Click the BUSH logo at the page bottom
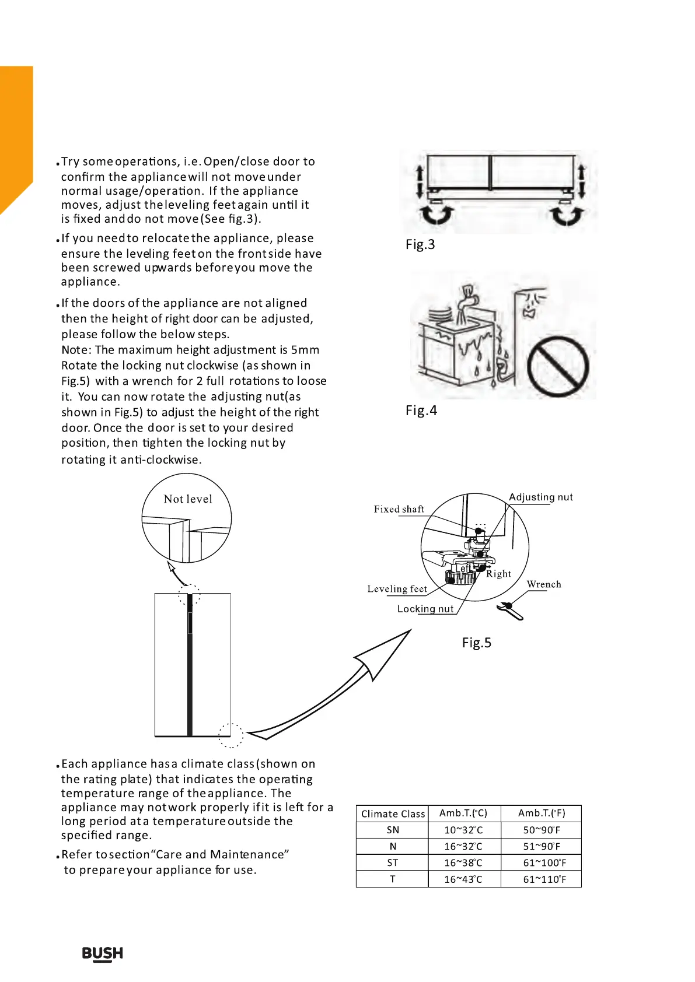click(103, 953)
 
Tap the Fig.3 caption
click(420, 244)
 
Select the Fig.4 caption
click(421, 411)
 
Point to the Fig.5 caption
click(477, 643)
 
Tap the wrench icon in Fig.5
click(510, 611)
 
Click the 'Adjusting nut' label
click(541, 497)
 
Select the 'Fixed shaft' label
click(399, 509)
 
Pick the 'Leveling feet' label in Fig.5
click(397, 589)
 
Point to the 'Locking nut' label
click(425, 609)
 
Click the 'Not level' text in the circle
click(188, 499)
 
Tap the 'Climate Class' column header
click(393, 813)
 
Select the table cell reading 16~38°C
click(463, 862)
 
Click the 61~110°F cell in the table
click(544, 879)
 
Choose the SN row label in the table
click(393, 830)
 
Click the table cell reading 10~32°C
click(463, 830)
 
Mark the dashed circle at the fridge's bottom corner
click(231, 735)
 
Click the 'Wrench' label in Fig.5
click(544, 584)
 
